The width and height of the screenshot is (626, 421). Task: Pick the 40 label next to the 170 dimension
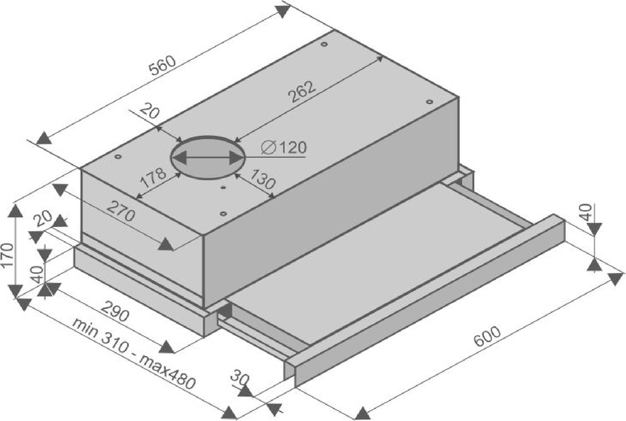click(37, 274)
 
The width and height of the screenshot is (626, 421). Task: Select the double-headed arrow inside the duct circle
click(207, 158)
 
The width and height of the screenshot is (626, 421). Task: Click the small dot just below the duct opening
click(223, 186)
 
